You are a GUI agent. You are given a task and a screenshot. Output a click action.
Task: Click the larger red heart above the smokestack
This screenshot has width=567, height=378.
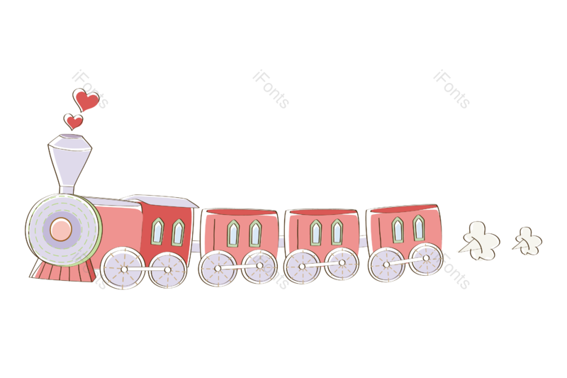pos(86,100)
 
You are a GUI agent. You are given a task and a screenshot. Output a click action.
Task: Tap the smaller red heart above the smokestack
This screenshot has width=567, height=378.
pos(74,121)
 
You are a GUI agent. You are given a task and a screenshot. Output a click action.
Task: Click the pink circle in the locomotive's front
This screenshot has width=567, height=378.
pos(61,229)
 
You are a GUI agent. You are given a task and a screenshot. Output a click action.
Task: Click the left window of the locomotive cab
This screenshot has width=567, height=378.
pos(157,231)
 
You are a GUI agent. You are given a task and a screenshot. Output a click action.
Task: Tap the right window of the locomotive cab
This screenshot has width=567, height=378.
pos(178,232)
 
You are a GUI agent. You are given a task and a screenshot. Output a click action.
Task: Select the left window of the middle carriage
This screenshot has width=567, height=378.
pos(315,232)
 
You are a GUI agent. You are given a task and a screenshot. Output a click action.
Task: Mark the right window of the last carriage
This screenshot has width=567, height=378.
pos(419,228)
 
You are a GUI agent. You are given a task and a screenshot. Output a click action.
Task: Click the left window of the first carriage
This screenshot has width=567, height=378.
pos(233,233)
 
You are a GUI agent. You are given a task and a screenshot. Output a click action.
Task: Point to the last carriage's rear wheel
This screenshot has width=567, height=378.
pos(426,259)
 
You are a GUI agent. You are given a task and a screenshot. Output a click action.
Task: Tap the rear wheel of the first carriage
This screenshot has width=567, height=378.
pos(259,266)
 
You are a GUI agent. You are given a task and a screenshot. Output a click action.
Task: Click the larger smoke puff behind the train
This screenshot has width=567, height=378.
pos(481,240)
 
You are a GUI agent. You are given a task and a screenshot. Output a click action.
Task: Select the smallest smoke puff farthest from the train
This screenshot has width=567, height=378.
pos(527,241)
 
